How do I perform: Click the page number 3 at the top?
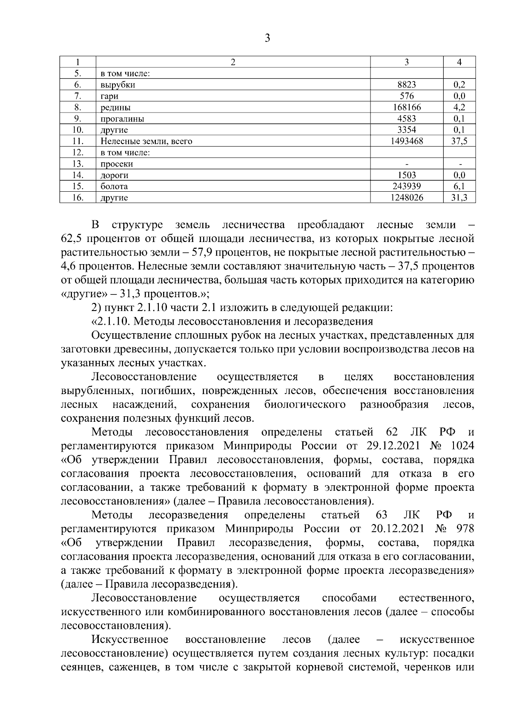tap(267, 38)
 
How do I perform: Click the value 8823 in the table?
tap(406, 85)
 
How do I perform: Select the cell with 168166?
tap(406, 107)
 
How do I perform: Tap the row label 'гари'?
tap(109, 96)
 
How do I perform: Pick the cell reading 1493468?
tap(406, 141)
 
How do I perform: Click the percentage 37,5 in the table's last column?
tap(459, 141)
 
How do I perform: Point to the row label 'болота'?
tap(114, 187)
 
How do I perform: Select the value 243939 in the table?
tap(406, 186)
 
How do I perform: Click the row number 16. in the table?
tap(78, 198)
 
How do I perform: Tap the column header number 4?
tap(459, 62)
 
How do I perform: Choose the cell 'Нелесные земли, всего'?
tap(146, 141)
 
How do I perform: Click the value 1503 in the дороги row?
tap(406, 175)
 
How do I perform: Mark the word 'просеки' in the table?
tap(117, 164)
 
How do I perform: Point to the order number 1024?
tap(462, 446)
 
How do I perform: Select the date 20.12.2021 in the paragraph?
tap(397, 529)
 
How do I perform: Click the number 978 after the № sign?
tap(465, 529)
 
